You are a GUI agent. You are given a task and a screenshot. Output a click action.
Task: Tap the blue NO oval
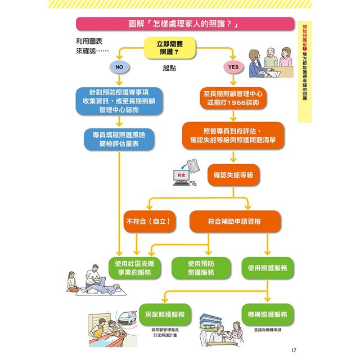click(x=119, y=67)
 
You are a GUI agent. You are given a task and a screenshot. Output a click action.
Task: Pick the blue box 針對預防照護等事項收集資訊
click(x=118, y=101)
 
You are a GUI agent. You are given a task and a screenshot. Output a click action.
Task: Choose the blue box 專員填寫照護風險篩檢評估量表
click(x=119, y=140)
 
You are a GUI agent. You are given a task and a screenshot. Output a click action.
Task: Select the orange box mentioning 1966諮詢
click(x=233, y=98)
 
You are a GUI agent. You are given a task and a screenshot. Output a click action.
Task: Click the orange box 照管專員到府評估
click(x=233, y=136)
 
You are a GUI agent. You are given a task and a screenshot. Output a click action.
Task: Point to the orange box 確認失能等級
click(x=233, y=175)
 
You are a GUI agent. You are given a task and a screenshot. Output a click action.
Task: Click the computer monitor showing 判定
click(x=181, y=176)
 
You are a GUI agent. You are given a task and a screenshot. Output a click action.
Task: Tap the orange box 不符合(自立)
click(x=150, y=221)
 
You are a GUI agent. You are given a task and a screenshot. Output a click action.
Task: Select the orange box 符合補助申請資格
click(x=233, y=221)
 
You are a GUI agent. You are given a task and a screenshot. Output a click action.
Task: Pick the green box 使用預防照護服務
click(x=201, y=268)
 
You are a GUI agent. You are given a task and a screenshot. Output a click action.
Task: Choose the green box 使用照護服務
click(x=267, y=268)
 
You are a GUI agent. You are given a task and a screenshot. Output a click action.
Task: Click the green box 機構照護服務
click(x=267, y=313)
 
